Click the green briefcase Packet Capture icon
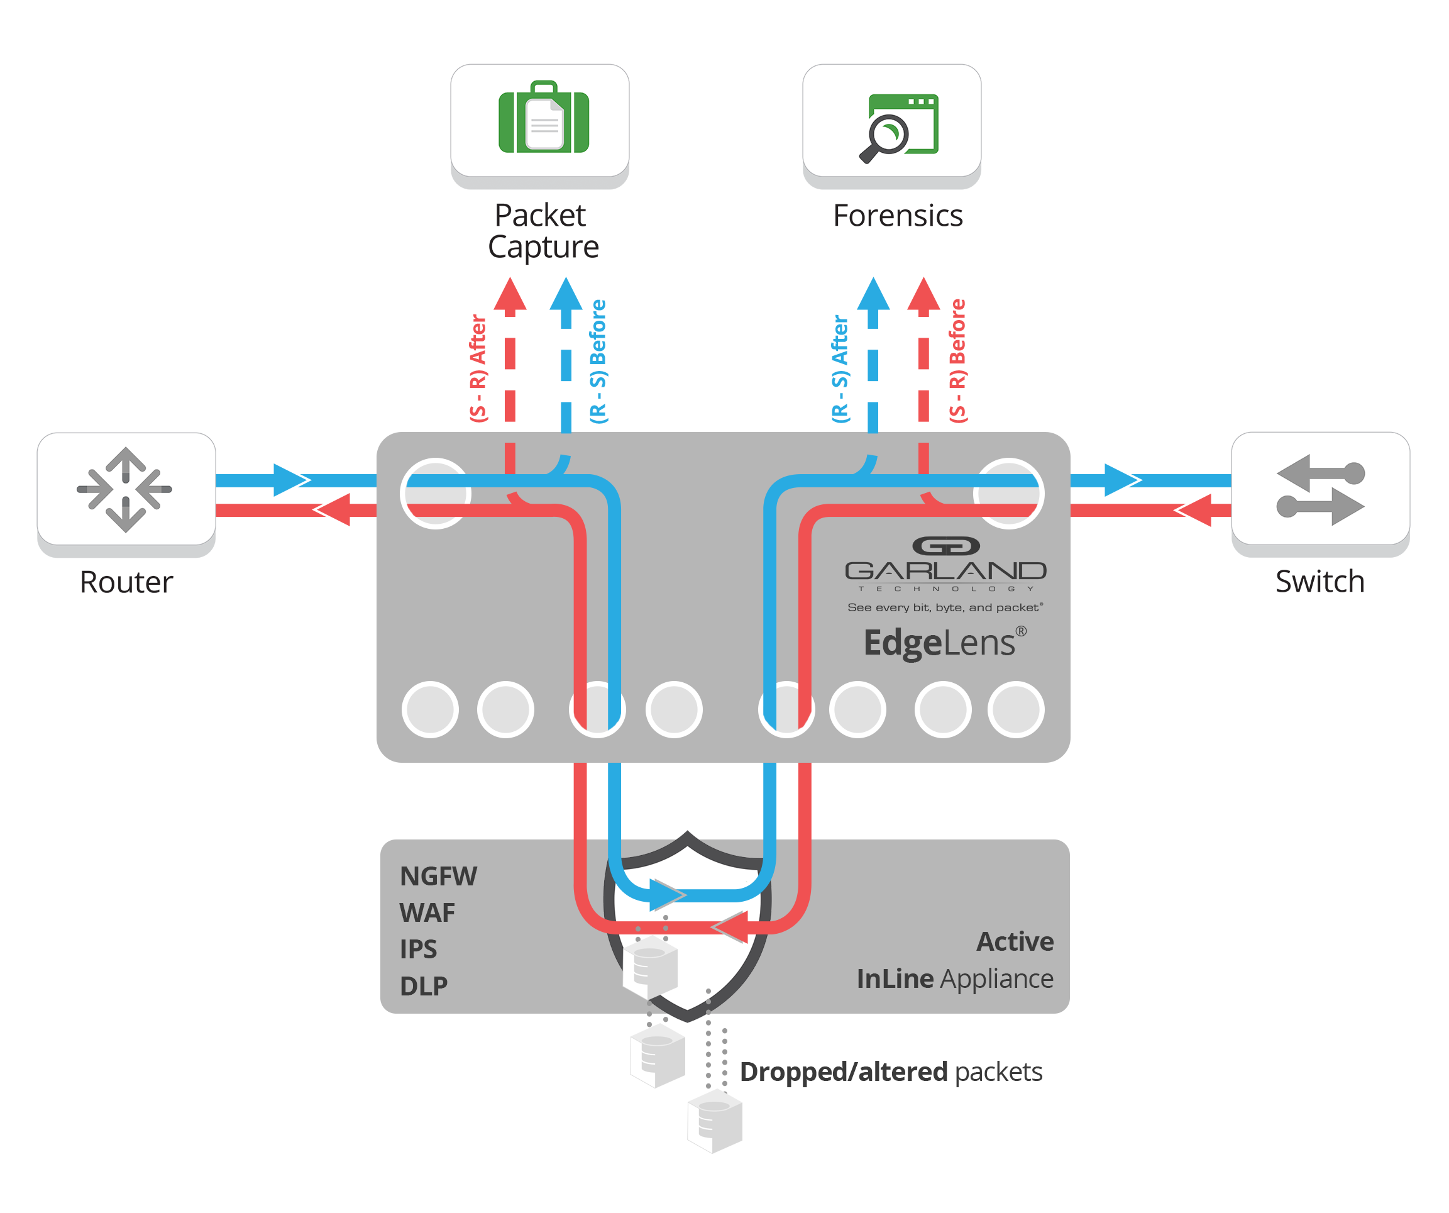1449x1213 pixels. point(543,118)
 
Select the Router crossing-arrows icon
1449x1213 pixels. point(125,489)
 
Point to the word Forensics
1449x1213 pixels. point(898,216)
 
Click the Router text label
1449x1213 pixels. point(126,582)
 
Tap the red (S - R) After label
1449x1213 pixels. point(478,368)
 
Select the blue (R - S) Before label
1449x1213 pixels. point(598,361)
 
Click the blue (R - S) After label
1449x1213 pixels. point(840,368)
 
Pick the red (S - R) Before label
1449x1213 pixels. point(957,360)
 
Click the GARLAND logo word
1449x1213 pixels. point(945,571)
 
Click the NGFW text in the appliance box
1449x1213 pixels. point(438,877)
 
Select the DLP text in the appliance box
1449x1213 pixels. point(424,986)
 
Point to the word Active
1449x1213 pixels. point(1015,942)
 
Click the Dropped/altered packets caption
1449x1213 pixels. point(890,1072)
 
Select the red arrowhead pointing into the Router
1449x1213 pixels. point(333,510)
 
